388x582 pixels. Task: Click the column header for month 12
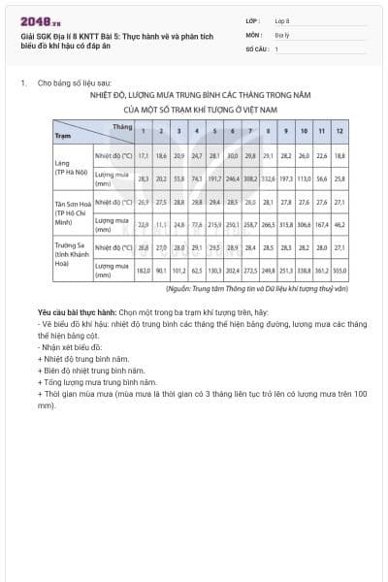(x=339, y=130)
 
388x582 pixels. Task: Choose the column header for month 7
(x=250, y=130)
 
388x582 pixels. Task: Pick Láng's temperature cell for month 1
(x=143, y=155)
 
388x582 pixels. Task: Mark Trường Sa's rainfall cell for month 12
(x=339, y=271)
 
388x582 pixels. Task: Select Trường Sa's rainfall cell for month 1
(x=143, y=271)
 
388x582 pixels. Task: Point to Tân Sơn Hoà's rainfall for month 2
(x=162, y=224)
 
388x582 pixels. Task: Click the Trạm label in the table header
(x=63, y=136)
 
